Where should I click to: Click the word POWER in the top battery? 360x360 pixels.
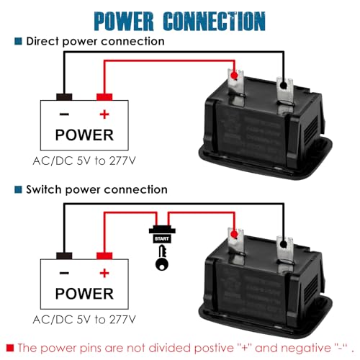pos(84,135)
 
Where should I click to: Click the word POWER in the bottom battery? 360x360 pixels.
pos(84,294)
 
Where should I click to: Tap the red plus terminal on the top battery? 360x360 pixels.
pos(104,96)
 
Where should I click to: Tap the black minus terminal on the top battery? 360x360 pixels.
pos(63,96)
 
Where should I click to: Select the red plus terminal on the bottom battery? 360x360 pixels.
pos(104,256)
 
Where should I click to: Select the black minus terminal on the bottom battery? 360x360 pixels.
pos(63,256)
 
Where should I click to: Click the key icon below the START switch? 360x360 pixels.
pos(160,260)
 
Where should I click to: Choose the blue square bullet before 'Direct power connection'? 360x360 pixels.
pos(17,41)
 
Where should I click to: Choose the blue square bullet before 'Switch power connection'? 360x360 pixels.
pos(17,189)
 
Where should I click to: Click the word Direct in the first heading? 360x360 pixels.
pos(44,41)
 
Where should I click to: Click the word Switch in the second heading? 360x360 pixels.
pos(45,189)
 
